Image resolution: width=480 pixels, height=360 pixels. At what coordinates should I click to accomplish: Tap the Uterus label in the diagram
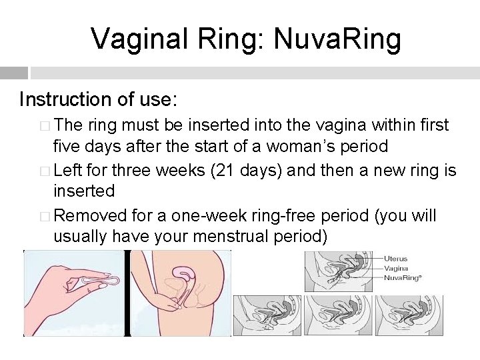(395, 258)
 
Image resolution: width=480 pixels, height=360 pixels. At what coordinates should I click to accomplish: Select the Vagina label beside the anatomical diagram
(396, 267)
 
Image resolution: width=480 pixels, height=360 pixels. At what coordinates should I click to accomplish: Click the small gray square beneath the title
(14, 73)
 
